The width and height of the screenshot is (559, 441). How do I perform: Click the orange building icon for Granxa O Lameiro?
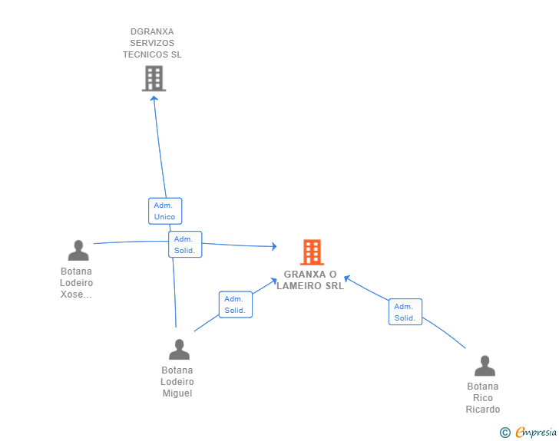pyautogui.click(x=311, y=252)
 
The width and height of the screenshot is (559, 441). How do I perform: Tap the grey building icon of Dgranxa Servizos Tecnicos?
pyautogui.click(x=154, y=78)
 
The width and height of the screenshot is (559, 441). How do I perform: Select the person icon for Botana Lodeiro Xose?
pyautogui.click(x=78, y=250)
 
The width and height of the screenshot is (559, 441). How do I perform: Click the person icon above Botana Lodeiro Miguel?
pyautogui.click(x=179, y=349)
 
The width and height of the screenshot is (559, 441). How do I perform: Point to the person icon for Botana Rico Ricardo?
pyautogui.click(x=485, y=365)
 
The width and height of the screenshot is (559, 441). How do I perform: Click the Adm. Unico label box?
pyautogui.click(x=164, y=211)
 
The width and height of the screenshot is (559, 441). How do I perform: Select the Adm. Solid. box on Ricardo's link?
pyautogui.click(x=405, y=312)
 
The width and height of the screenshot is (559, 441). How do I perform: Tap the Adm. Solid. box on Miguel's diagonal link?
pyautogui.click(x=235, y=304)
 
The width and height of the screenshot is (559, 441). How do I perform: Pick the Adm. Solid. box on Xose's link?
pyautogui.click(x=184, y=245)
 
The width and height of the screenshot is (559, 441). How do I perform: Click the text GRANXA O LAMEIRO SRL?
pyautogui.click(x=310, y=281)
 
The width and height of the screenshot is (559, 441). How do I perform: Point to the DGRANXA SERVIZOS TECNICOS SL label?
pyautogui.click(x=153, y=44)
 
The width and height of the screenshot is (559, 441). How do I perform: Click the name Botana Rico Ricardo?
pyautogui.click(x=483, y=398)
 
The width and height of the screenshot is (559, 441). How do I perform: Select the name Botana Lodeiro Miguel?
pyautogui.click(x=177, y=382)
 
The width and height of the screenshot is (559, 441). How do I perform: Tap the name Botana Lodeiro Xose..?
pyautogui.click(x=77, y=283)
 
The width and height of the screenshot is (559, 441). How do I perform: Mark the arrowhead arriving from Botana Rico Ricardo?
pyautogui.click(x=347, y=278)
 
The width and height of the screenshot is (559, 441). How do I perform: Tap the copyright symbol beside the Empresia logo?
pyautogui.click(x=505, y=433)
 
